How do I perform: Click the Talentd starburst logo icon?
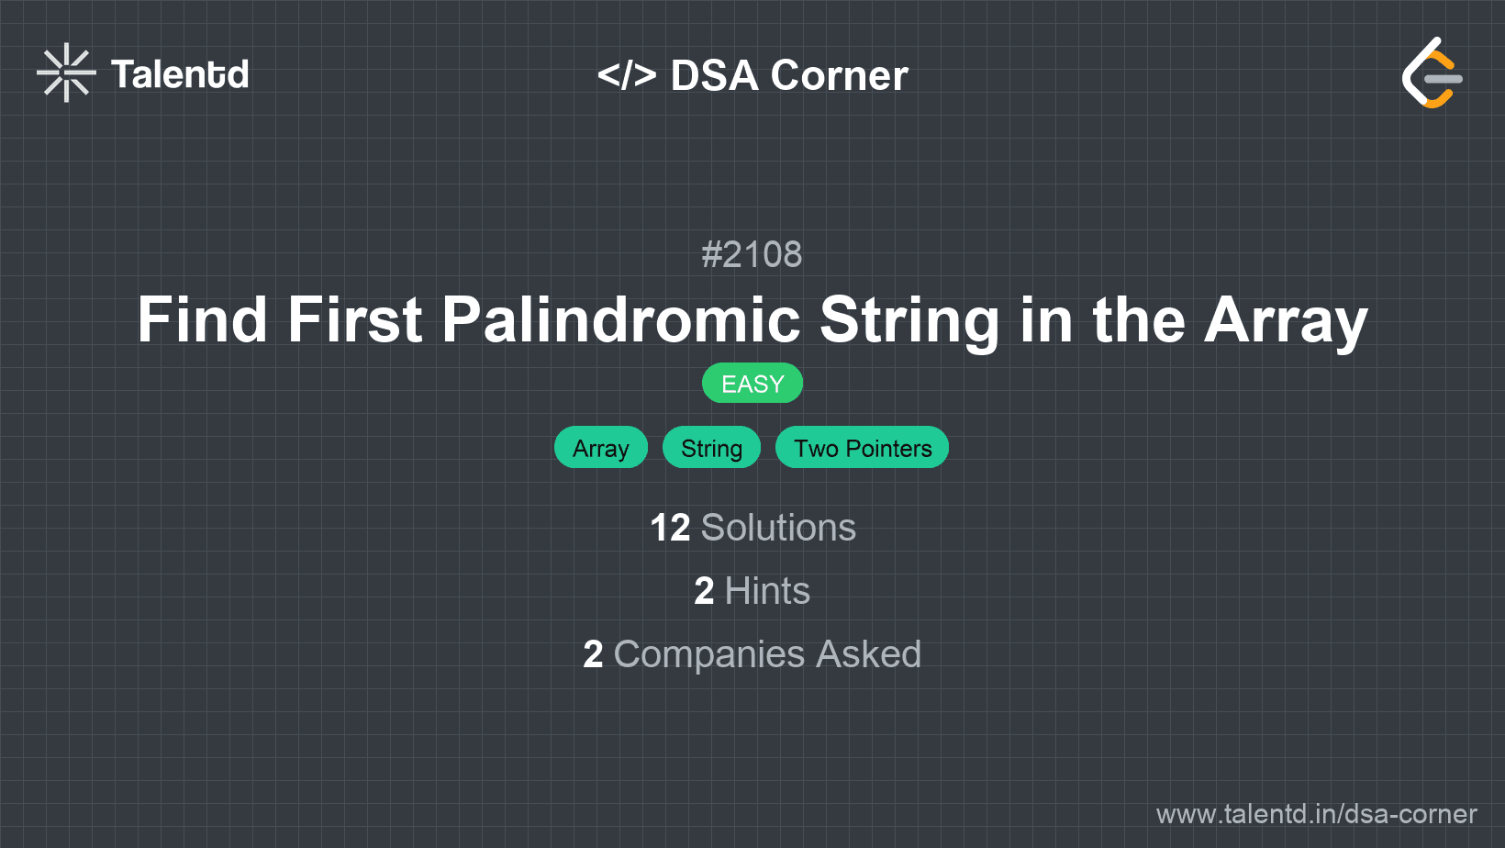(x=66, y=73)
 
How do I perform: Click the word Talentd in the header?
(x=180, y=74)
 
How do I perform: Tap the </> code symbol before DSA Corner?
(x=627, y=75)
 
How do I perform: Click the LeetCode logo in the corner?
(x=1432, y=73)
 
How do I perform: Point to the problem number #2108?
(x=752, y=254)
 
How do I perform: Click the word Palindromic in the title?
(x=621, y=320)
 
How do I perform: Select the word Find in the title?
(x=202, y=320)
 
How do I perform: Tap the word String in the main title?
(x=909, y=320)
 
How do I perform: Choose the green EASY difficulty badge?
(x=752, y=384)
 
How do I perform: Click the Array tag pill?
(x=600, y=448)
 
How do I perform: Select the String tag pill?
(x=711, y=448)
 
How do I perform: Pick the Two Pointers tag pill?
(x=862, y=448)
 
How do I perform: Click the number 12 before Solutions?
(x=670, y=528)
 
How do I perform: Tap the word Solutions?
(x=778, y=528)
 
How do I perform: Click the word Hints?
(x=767, y=591)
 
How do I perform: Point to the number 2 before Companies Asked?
(x=593, y=654)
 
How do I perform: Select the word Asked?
(x=868, y=654)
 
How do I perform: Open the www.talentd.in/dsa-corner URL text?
(x=1316, y=814)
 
